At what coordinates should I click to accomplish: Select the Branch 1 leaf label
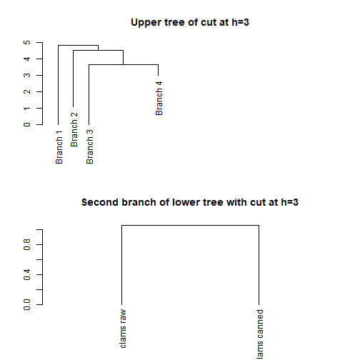pos(59,146)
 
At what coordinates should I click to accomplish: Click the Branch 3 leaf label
pos(89,146)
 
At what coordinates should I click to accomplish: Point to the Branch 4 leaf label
pos(159,98)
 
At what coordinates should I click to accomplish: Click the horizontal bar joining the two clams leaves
pos(190,226)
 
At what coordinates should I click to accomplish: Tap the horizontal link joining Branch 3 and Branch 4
pos(124,64)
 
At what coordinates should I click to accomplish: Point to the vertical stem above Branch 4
pos(159,71)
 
